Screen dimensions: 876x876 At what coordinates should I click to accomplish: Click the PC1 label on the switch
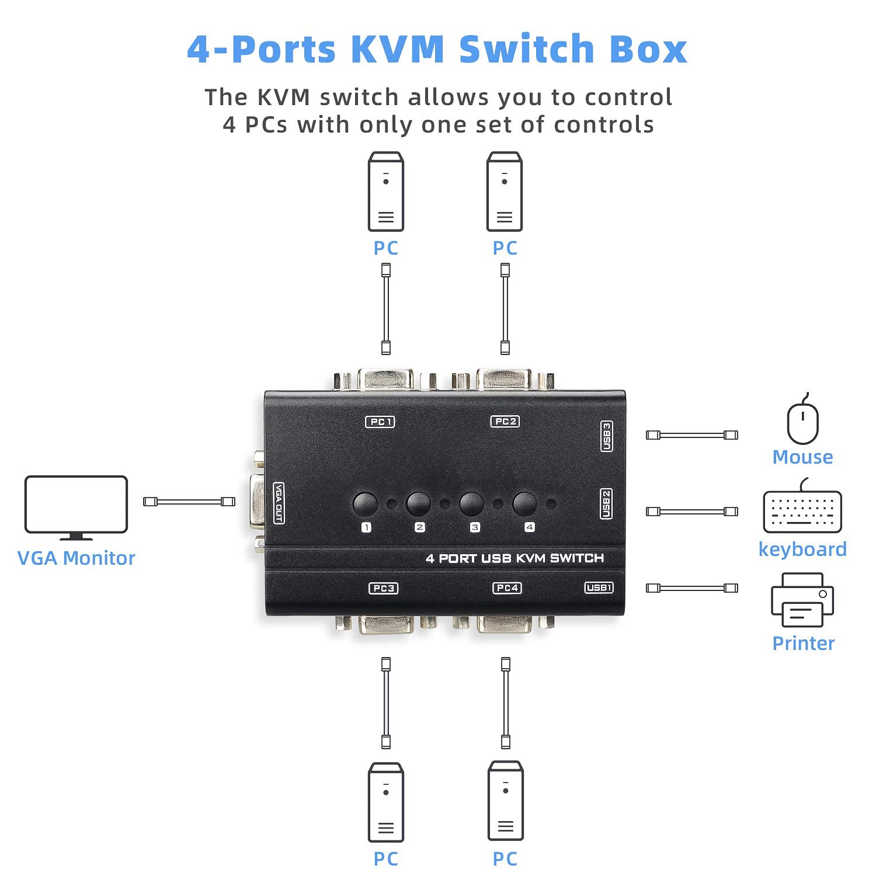click(x=380, y=422)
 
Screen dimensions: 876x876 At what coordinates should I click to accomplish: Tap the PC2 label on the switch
click(x=505, y=421)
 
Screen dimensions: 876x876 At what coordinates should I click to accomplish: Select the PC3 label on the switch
click(x=384, y=588)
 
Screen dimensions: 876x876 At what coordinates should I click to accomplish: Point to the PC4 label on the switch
click(x=507, y=588)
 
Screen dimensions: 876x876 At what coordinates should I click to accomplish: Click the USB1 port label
click(x=599, y=588)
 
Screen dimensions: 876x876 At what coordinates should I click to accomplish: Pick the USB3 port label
click(x=607, y=436)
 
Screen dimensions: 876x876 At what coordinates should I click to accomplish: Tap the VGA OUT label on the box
click(x=279, y=503)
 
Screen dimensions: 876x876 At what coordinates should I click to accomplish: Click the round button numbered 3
click(x=471, y=504)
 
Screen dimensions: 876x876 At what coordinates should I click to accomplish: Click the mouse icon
click(x=802, y=422)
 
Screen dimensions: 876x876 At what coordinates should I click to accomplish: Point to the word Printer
click(x=803, y=643)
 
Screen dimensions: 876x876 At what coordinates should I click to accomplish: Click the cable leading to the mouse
click(x=691, y=435)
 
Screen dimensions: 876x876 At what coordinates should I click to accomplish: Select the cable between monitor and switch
click(x=189, y=502)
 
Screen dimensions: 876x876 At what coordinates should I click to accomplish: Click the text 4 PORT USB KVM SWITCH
click(x=515, y=558)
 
